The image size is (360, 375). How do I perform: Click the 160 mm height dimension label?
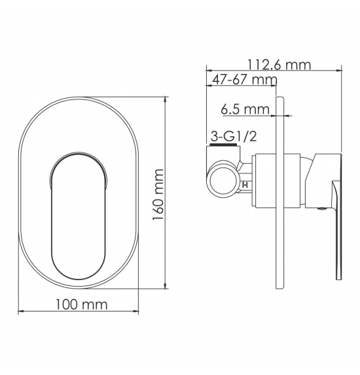[158, 194]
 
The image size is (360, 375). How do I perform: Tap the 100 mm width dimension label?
[82, 304]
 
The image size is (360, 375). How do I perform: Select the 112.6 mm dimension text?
[279, 65]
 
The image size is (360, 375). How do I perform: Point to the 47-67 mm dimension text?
[245, 79]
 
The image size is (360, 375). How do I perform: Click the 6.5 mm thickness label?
[245, 109]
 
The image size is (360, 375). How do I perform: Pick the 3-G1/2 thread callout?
[234, 137]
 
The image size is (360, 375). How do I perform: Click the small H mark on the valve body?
[245, 185]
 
